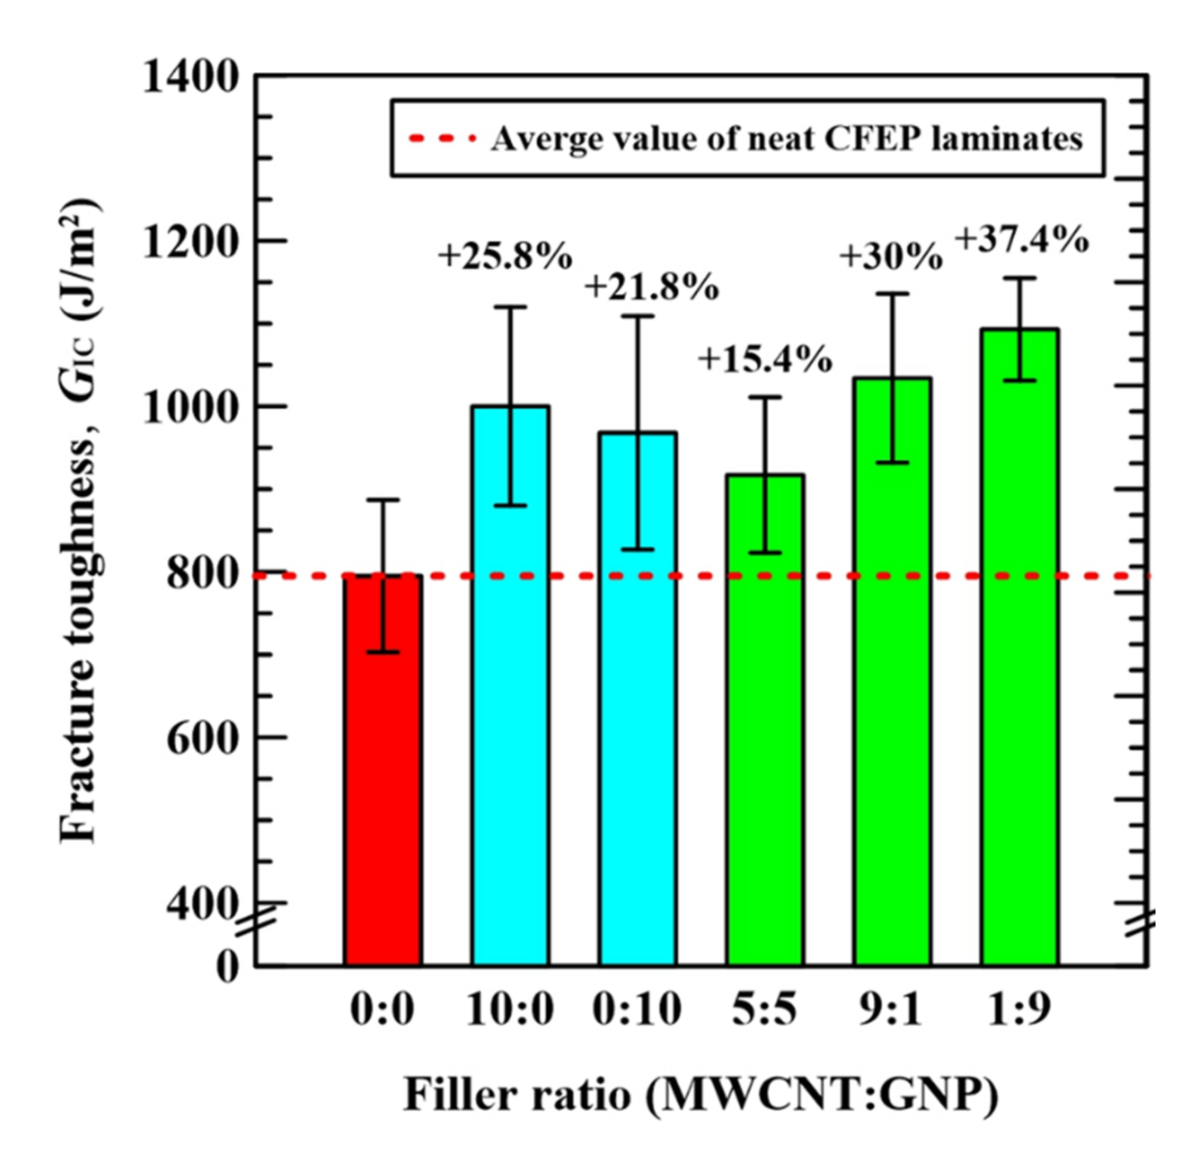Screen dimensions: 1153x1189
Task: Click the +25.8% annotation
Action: [505, 256]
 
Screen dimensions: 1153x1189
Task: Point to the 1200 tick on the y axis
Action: [188, 243]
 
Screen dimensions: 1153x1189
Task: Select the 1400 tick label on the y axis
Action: [188, 77]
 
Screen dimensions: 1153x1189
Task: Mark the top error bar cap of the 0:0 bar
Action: [383, 500]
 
